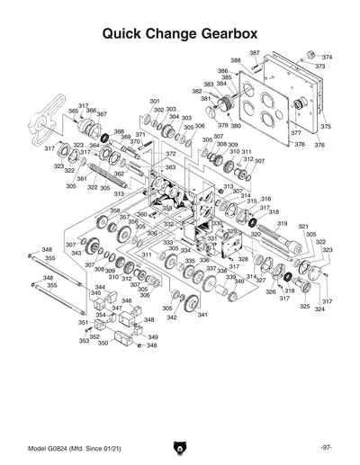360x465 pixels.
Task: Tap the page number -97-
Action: pos(325,446)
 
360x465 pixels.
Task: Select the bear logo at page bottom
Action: pos(179,446)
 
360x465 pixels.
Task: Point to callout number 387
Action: pos(255,53)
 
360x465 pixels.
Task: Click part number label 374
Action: pos(327,57)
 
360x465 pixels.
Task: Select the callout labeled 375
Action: pos(326,127)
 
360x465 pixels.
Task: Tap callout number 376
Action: pos(319,145)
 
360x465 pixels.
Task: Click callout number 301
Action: pos(154,101)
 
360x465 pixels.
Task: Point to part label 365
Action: pos(73,112)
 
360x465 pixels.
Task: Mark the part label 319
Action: pos(282,223)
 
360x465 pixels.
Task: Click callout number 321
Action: pos(303,227)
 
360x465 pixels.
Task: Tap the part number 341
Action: pos(202,314)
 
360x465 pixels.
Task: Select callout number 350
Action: pos(103,343)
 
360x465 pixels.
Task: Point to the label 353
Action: pos(84,341)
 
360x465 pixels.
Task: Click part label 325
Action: pos(304,307)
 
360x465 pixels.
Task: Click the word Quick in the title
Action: pos(129,35)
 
